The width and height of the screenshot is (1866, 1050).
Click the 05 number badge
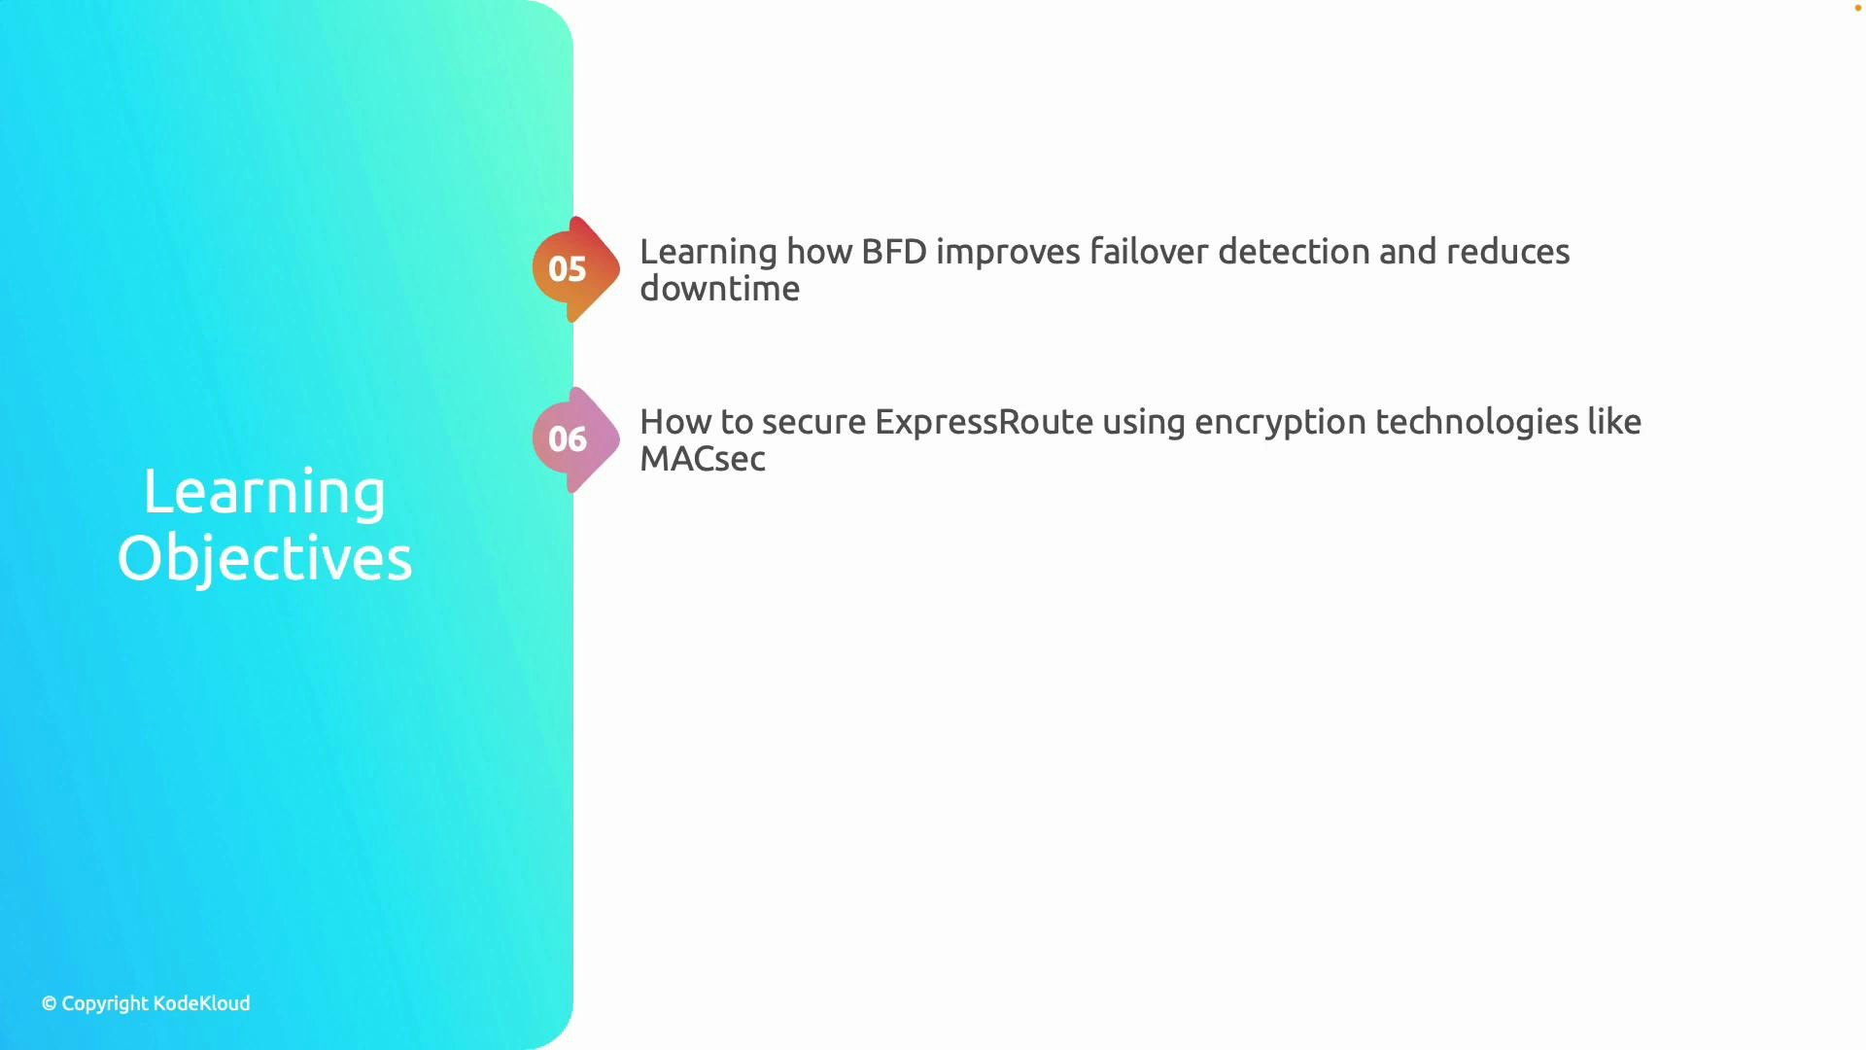coord(569,269)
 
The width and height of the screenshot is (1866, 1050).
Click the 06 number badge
coord(569,439)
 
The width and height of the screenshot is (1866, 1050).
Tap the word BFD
coord(894,252)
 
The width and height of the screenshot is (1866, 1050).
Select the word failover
coord(1149,252)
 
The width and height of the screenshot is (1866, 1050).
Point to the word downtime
coord(719,289)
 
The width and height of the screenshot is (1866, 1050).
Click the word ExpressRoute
coord(984,422)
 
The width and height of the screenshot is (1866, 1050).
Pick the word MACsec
coord(703,459)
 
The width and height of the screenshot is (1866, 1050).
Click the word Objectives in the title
coord(264,559)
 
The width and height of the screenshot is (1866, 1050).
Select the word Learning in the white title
coord(264,492)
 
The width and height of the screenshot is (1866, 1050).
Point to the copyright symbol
coord(49,1004)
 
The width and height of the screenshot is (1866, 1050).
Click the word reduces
coord(1507,252)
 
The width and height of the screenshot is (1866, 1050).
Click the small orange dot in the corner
coord(1857,8)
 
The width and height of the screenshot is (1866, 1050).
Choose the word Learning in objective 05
coord(708,253)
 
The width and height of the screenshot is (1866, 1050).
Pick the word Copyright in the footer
coord(105,1004)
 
